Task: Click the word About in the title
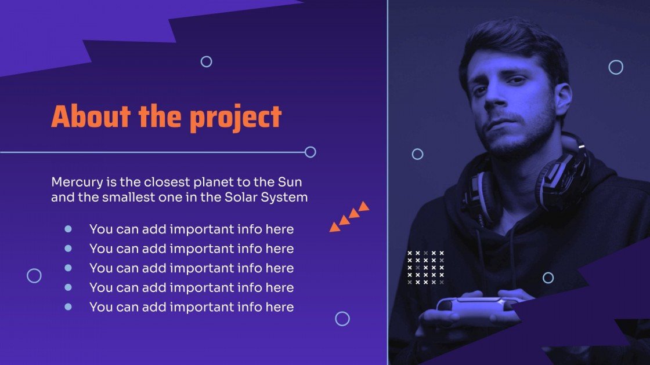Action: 91,117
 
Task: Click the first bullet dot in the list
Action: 68,229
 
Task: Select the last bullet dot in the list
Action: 68,306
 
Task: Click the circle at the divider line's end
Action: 310,152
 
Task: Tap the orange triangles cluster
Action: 349,217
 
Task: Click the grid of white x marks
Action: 425,268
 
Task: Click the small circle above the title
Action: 206,61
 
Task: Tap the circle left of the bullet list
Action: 34,276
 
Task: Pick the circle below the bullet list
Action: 342,319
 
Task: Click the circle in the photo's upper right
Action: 616,67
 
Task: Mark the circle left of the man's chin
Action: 417,154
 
